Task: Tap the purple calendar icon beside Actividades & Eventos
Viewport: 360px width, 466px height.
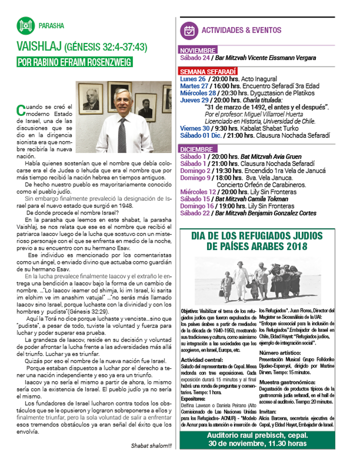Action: [189, 30]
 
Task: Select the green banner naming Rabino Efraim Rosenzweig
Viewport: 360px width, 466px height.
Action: [74, 62]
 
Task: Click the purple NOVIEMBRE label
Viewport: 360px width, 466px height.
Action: [198, 50]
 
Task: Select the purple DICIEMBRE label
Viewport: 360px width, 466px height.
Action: [196, 149]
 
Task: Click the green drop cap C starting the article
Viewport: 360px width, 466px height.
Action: [20, 107]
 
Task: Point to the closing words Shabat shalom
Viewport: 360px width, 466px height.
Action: [151, 446]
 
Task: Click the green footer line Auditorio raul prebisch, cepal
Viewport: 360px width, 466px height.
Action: [257, 435]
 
